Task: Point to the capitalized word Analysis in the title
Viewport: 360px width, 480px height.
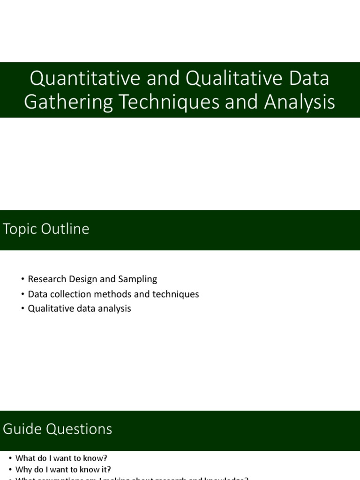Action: point(300,102)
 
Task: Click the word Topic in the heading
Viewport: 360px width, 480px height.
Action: point(21,229)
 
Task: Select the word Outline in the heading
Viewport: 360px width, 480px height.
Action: point(66,229)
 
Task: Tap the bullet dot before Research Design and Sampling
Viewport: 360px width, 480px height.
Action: point(22,279)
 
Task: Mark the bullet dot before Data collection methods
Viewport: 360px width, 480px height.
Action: point(22,294)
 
